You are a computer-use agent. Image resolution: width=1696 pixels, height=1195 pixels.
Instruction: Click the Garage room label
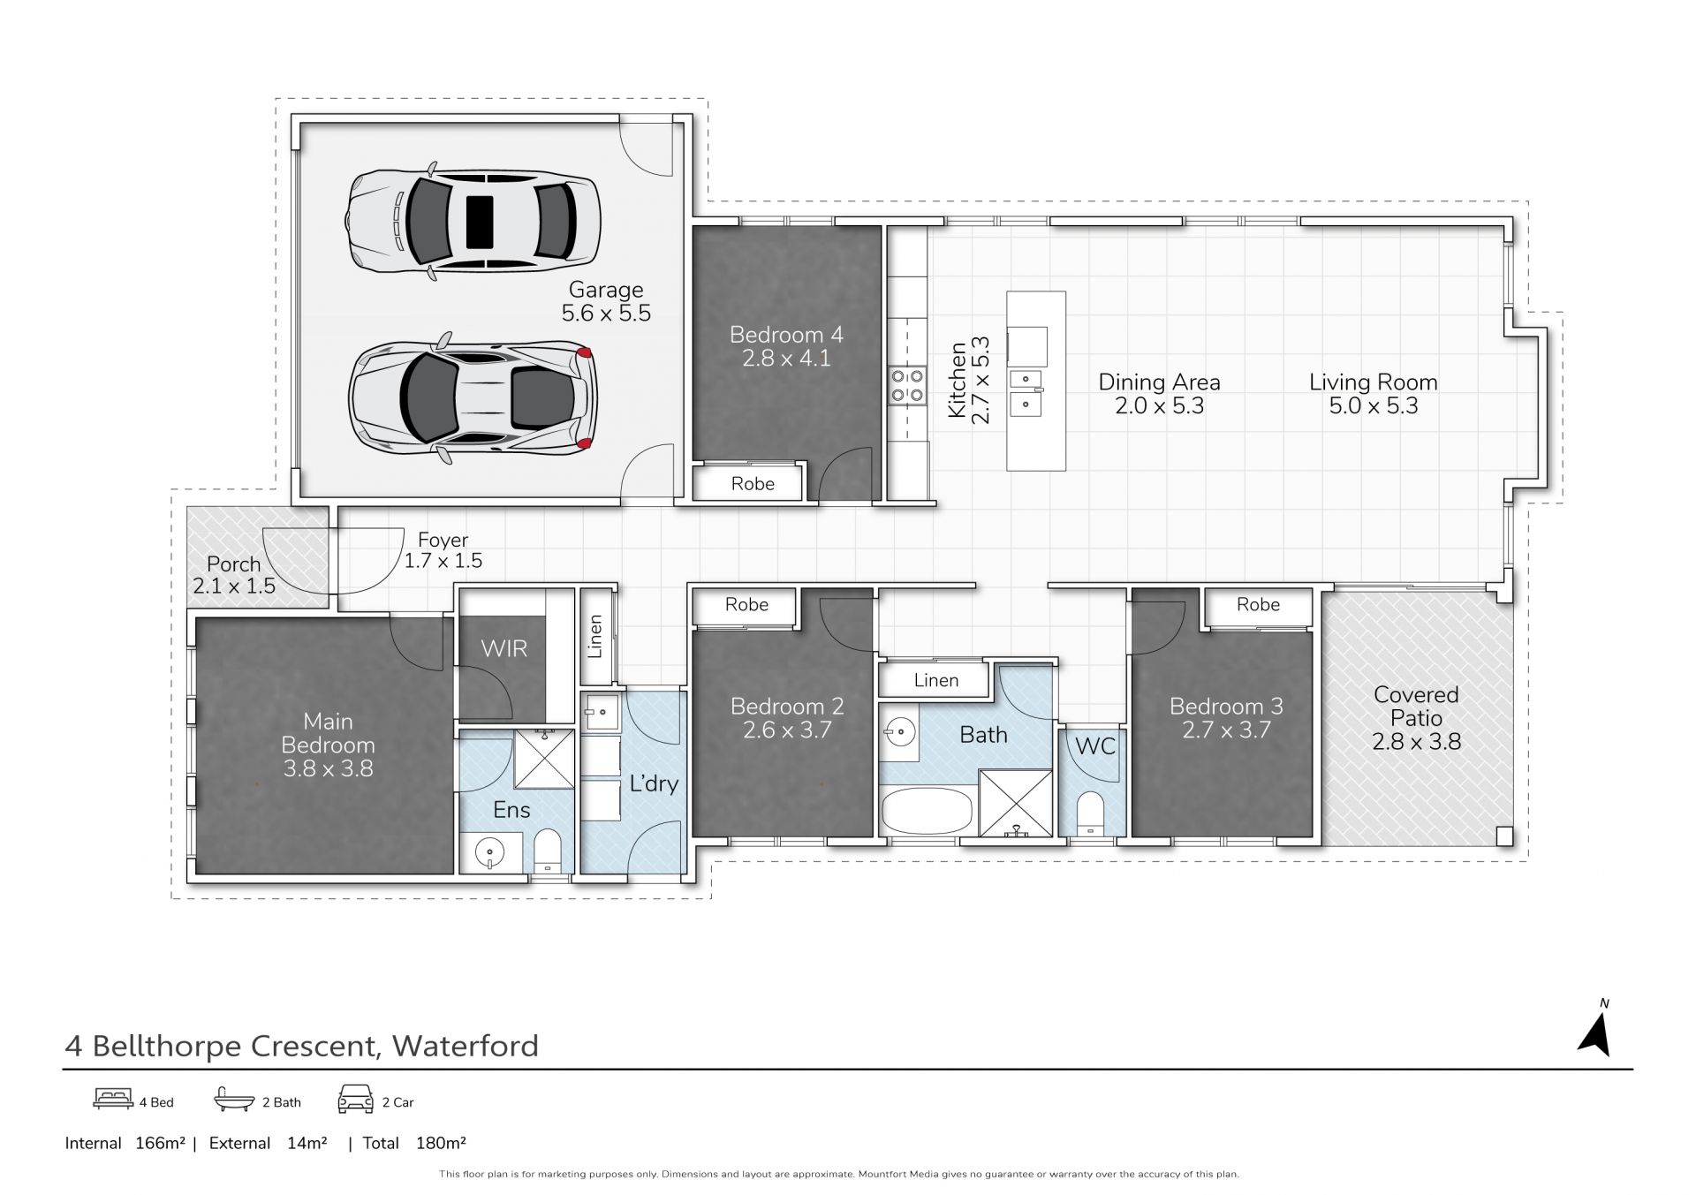606,290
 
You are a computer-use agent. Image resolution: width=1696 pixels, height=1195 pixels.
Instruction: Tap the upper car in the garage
473,221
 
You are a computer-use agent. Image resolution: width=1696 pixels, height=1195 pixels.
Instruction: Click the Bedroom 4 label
786,335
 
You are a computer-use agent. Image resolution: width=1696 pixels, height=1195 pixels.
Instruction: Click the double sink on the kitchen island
1026,392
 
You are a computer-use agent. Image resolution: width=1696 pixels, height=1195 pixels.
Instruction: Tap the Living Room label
1374,382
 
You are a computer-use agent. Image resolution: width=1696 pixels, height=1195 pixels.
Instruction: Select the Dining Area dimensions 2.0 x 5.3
1160,406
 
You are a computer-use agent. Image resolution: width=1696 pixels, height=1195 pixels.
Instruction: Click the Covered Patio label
1416,707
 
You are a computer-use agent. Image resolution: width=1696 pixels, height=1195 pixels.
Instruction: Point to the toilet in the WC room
1092,813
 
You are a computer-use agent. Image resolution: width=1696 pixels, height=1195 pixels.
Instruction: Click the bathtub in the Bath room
927,811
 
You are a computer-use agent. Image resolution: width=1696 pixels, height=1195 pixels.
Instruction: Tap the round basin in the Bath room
900,731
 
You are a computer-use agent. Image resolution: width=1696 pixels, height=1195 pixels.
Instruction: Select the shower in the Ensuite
544,759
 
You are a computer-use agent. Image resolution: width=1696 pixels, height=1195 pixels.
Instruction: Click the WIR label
503,649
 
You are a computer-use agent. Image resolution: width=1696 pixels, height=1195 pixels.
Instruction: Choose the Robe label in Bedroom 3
1258,605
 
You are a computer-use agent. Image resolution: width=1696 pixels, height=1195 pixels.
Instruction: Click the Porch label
233,564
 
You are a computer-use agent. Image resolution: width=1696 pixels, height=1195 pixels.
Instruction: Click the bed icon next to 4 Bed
113,1099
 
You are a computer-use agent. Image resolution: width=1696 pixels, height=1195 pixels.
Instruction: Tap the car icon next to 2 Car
355,1100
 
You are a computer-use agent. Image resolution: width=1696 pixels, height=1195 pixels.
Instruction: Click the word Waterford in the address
466,1046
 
